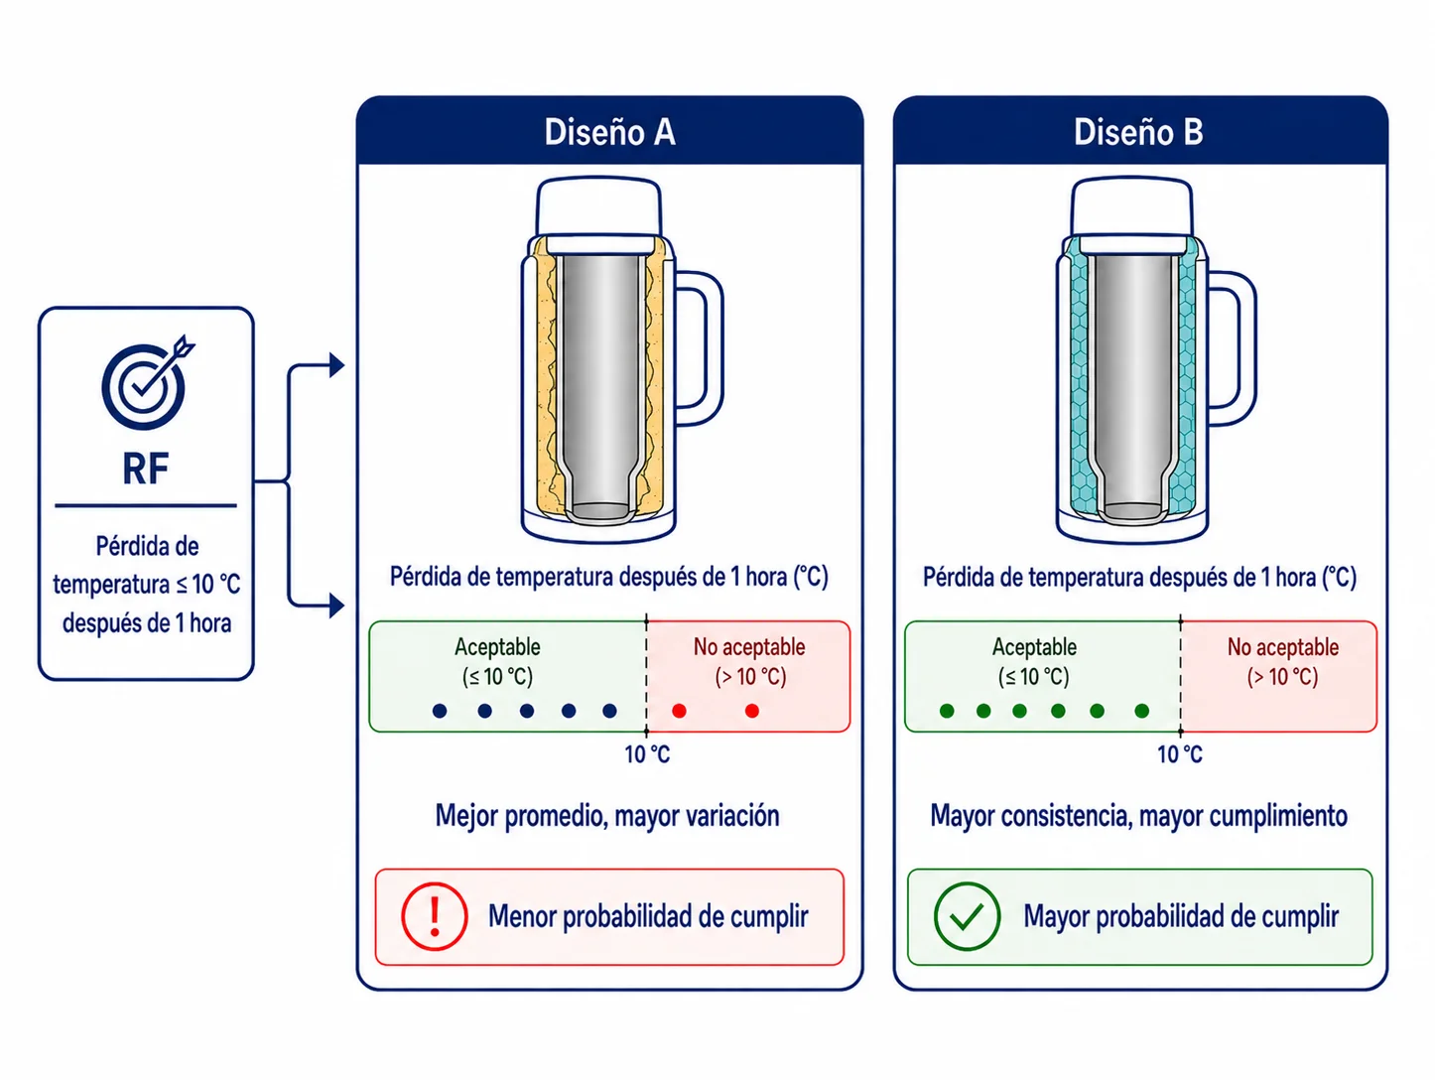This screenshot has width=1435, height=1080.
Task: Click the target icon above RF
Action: (x=144, y=386)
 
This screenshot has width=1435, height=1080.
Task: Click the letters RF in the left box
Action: (x=146, y=469)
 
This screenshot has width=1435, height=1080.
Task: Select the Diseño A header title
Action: (x=610, y=132)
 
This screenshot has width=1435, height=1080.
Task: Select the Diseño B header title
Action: (x=1138, y=132)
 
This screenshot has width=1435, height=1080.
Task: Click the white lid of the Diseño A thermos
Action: (x=598, y=207)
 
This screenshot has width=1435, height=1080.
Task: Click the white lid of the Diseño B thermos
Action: (x=1132, y=207)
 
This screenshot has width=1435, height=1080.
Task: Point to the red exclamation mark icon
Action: (x=434, y=916)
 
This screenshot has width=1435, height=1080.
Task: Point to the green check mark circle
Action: (x=967, y=916)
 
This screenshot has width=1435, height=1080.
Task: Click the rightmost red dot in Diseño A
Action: (x=752, y=711)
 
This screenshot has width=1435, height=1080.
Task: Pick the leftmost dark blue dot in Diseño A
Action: (x=440, y=711)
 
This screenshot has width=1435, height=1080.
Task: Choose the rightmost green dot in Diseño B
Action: (x=1142, y=711)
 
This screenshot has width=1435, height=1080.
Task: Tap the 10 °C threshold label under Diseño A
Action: (x=647, y=754)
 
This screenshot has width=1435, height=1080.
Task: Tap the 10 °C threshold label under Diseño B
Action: (x=1180, y=754)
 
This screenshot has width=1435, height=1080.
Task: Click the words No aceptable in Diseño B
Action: (x=1283, y=647)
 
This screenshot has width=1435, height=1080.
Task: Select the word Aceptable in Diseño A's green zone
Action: (x=497, y=647)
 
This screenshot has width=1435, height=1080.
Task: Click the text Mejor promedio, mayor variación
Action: (x=607, y=816)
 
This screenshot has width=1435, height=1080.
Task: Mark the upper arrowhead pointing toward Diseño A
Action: (x=336, y=364)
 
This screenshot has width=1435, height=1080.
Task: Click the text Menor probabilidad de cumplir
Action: (x=648, y=916)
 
